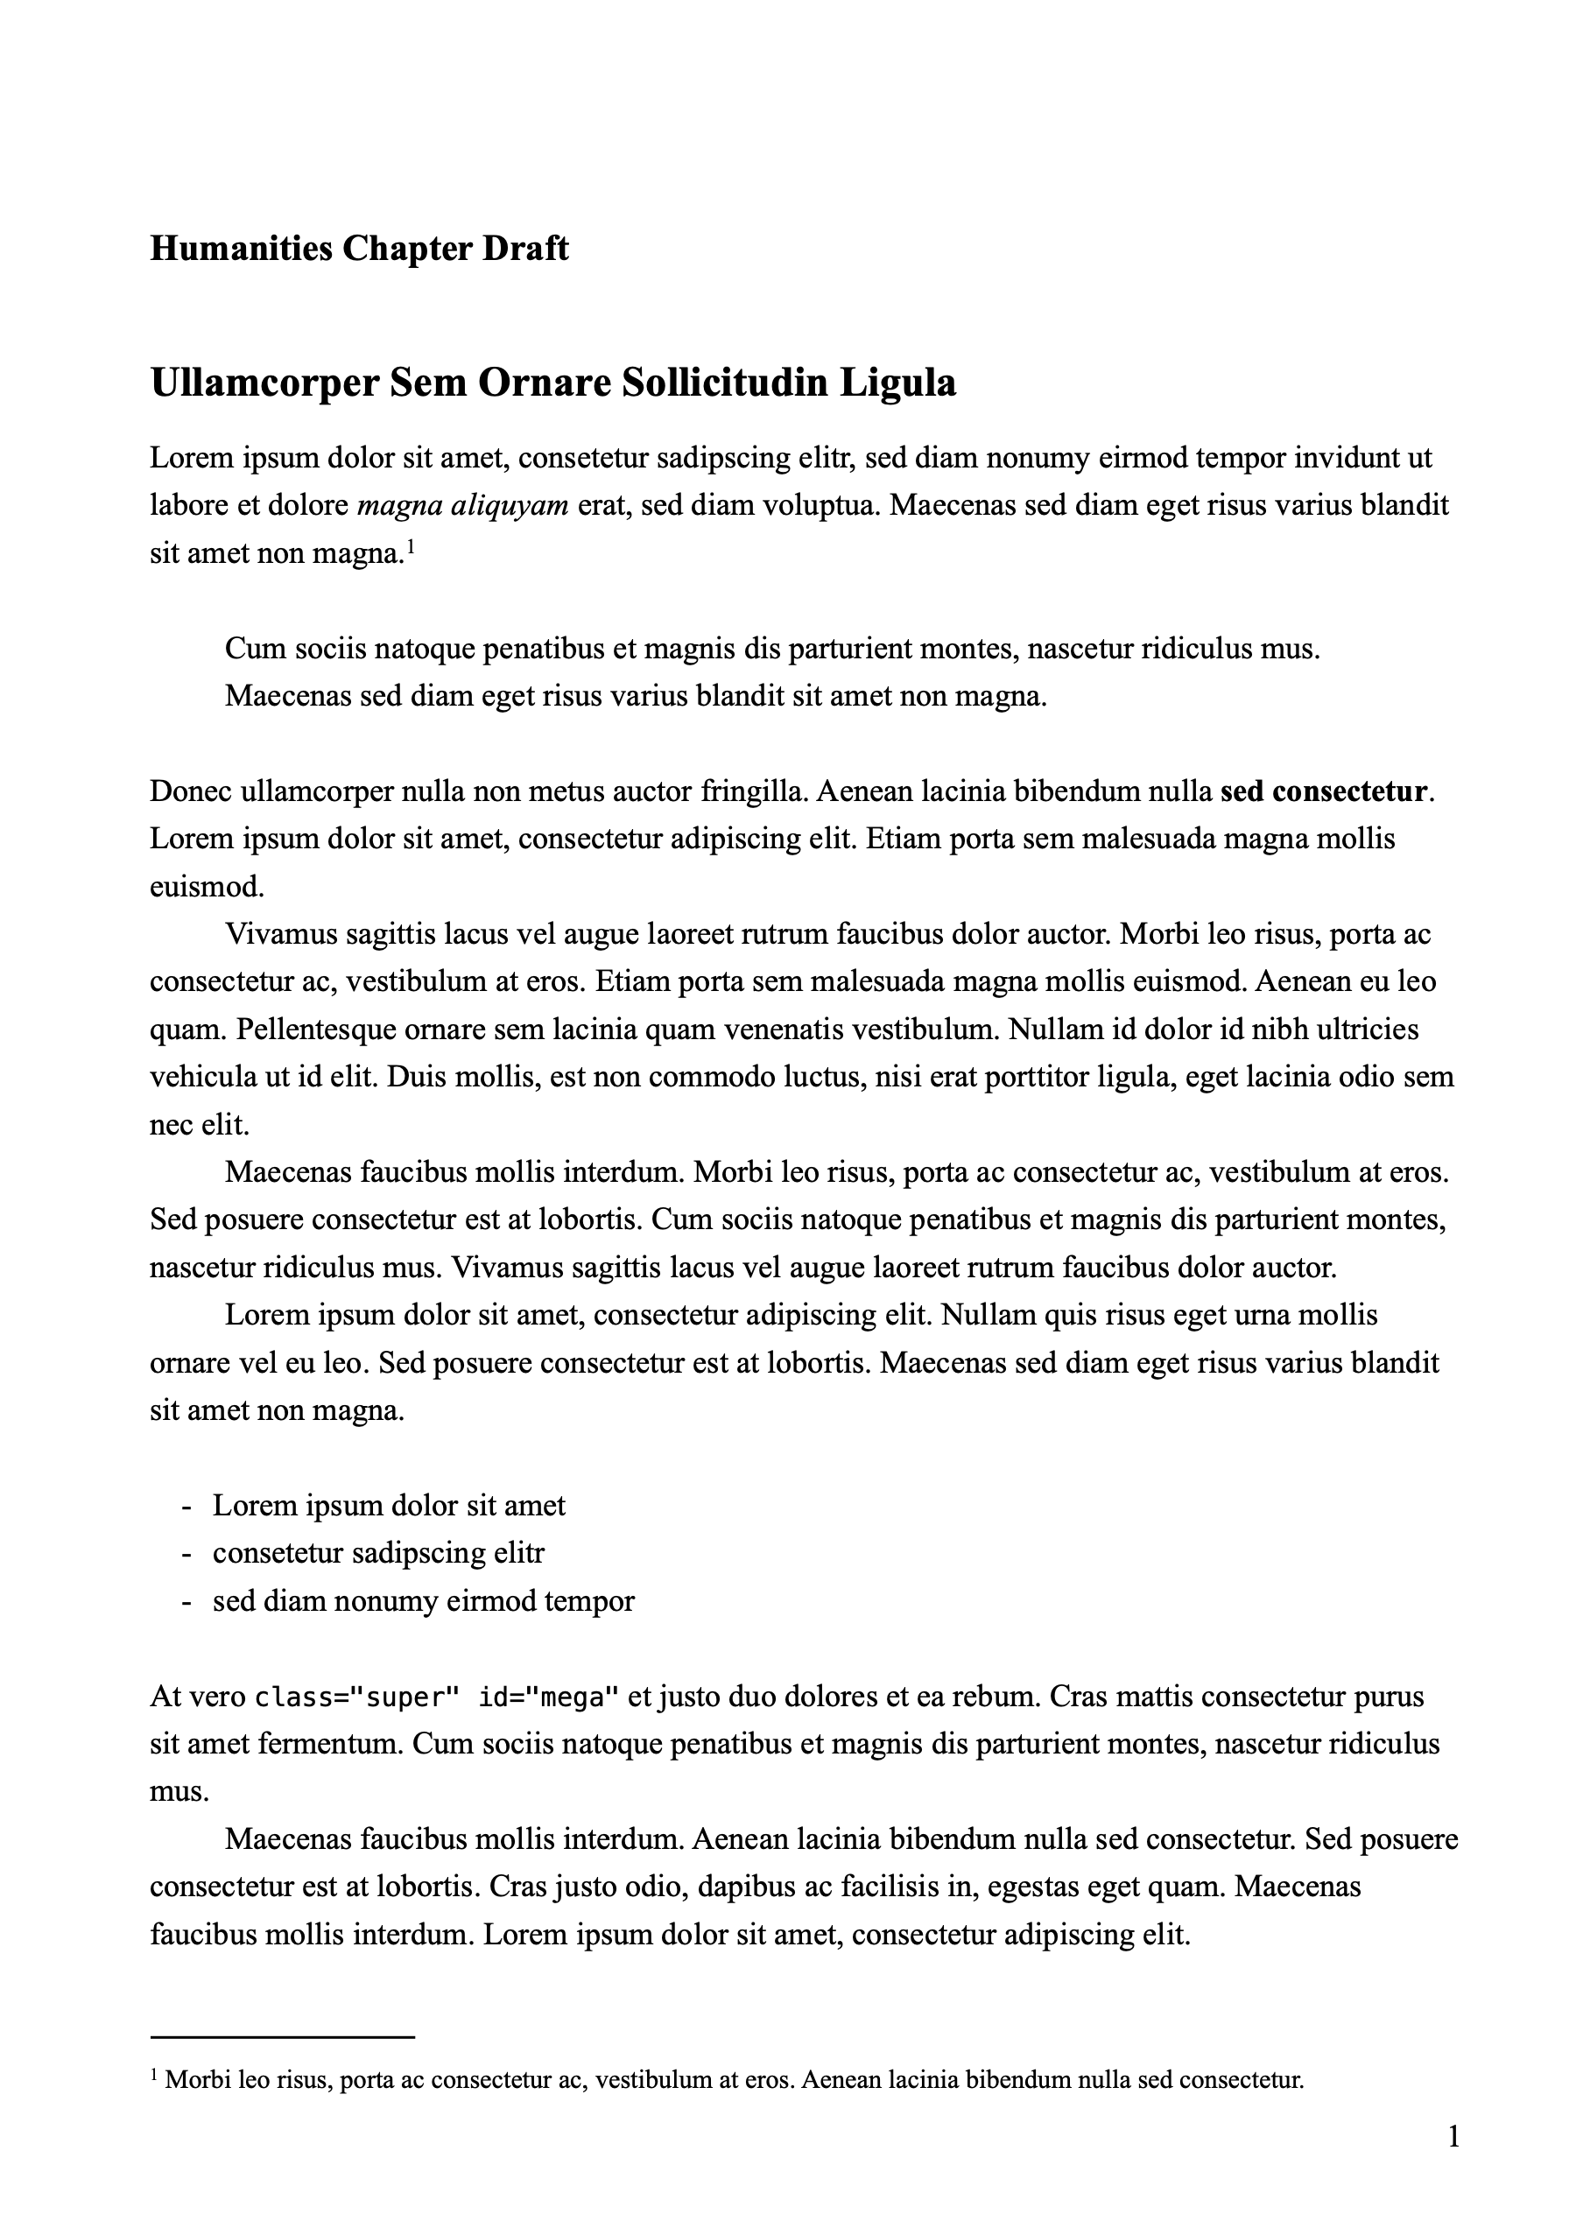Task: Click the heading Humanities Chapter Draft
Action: point(359,250)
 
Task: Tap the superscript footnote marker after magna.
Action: point(411,549)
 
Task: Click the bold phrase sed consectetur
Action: point(1323,791)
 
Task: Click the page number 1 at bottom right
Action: point(1453,2137)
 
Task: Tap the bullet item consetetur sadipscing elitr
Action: point(378,1554)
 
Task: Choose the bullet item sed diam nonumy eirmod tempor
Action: point(423,1601)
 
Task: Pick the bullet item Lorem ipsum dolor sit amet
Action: point(388,1506)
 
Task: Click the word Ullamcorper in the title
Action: point(263,383)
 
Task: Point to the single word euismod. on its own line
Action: point(207,886)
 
